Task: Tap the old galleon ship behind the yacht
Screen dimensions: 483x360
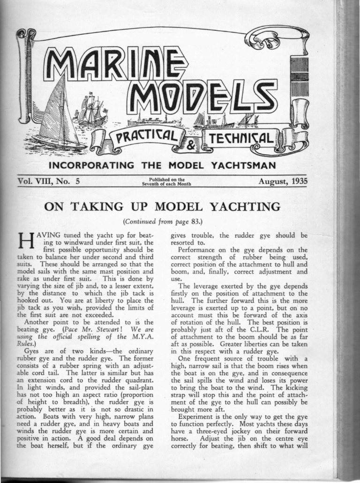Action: tap(91, 109)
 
